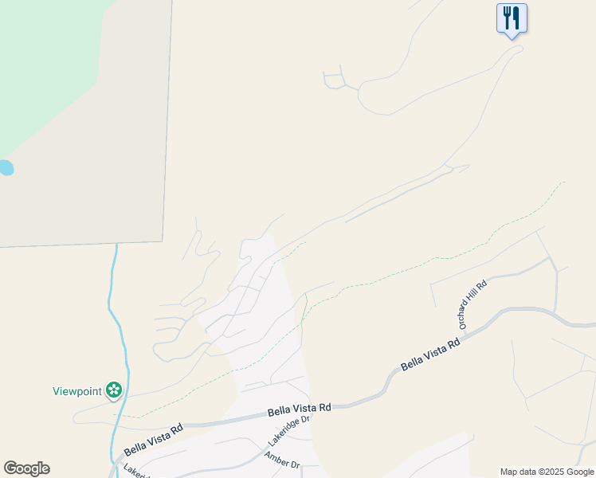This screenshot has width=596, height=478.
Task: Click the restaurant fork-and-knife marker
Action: pyautogui.click(x=512, y=18)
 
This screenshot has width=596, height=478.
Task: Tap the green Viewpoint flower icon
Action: pyautogui.click(x=115, y=390)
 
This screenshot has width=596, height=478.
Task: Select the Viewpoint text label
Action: pyautogui.click(x=77, y=391)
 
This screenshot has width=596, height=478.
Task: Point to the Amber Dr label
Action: pyautogui.click(x=282, y=460)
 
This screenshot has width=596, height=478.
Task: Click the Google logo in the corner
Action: pyautogui.click(x=26, y=468)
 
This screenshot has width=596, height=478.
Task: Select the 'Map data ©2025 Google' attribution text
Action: pyautogui.click(x=547, y=472)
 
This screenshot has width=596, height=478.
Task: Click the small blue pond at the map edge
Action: pyautogui.click(x=5, y=167)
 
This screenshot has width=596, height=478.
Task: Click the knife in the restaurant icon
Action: pyautogui.click(x=516, y=18)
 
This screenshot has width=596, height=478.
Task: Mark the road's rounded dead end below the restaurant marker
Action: pyautogui.click(x=519, y=49)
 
